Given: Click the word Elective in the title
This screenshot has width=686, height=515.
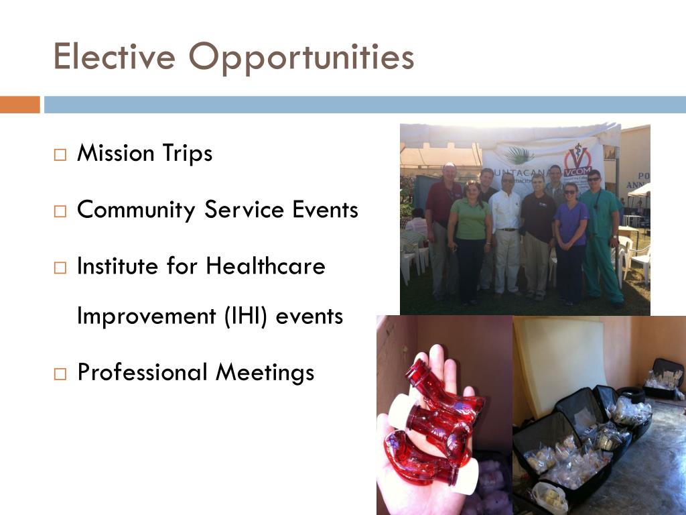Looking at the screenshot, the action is (x=114, y=56).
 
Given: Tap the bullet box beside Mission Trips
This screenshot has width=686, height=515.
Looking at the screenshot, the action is (x=60, y=155).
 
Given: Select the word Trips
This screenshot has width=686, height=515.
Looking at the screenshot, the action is (x=188, y=154).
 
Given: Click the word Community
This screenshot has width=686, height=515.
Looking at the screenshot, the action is (x=136, y=210).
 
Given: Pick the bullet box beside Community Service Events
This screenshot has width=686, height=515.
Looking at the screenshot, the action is (x=60, y=211).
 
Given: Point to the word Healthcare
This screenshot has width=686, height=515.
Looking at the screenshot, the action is (x=265, y=266).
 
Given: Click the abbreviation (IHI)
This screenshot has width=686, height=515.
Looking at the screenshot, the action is (x=245, y=317).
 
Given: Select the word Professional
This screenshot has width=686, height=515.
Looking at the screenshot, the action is (x=143, y=373).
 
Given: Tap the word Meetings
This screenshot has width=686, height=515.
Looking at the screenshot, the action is (x=265, y=374).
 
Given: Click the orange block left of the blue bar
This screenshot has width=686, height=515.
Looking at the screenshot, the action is (x=19, y=105).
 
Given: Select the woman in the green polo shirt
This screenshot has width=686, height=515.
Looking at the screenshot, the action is (x=470, y=241).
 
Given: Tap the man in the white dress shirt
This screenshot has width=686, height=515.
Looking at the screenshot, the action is (x=506, y=234).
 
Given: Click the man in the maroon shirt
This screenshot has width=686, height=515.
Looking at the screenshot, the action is (x=443, y=230).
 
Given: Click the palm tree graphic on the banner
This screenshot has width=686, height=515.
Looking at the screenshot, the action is (x=519, y=155).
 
